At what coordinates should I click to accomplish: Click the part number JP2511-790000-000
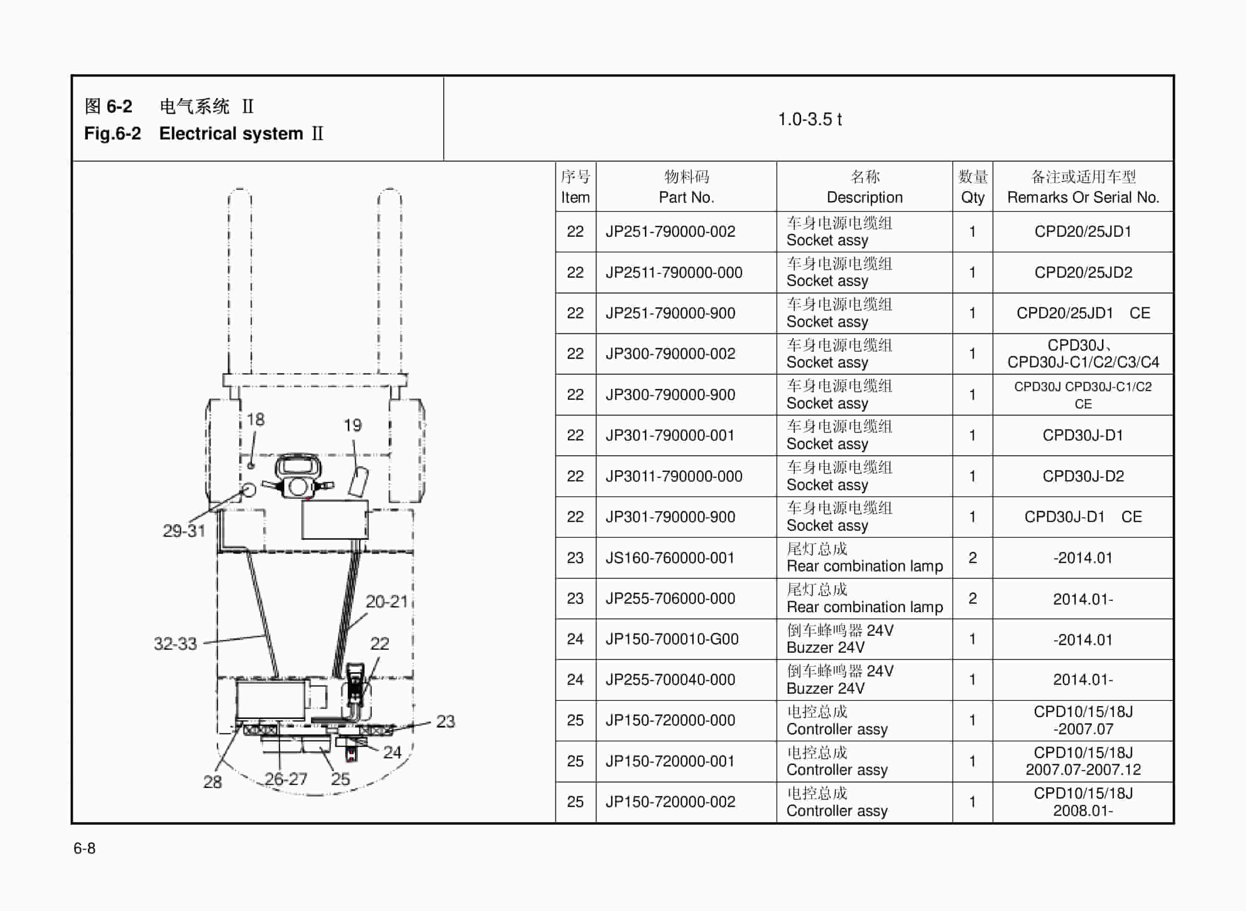click(x=673, y=272)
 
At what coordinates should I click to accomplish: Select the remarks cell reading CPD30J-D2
click(x=1082, y=476)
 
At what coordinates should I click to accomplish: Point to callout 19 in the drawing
click(x=353, y=425)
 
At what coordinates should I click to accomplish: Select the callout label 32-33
click(x=175, y=643)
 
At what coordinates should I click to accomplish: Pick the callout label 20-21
click(x=386, y=602)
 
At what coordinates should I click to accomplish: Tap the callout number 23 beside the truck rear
click(x=445, y=721)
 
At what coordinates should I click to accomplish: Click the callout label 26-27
click(x=286, y=779)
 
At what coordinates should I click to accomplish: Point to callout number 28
click(x=212, y=781)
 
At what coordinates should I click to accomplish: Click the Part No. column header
click(x=686, y=197)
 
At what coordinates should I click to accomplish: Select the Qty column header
click(x=972, y=197)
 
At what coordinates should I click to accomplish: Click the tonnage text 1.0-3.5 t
click(x=809, y=119)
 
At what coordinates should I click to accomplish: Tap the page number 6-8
click(x=85, y=848)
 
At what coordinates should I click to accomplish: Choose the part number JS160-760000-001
click(x=670, y=558)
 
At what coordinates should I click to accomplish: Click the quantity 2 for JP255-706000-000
click(x=972, y=598)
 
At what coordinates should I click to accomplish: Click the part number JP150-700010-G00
click(x=671, y=639)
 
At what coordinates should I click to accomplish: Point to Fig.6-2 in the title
click(x=112, y=134)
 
